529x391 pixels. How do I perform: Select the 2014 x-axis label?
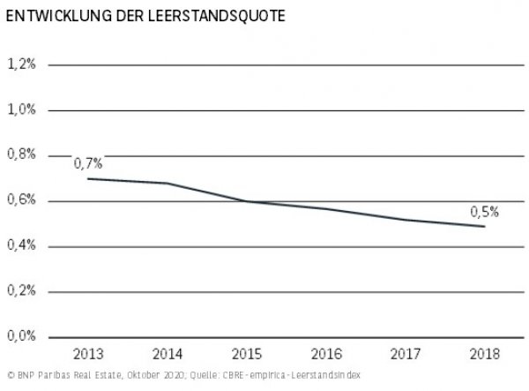tap(168, 355)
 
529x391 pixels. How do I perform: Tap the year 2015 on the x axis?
tap(247, 355)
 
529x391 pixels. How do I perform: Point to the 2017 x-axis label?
tap(405, 355)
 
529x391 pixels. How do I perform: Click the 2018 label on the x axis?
tap(484, 355)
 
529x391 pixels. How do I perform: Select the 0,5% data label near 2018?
tap(484, 211)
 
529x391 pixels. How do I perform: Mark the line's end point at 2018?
tap(484, 226)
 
